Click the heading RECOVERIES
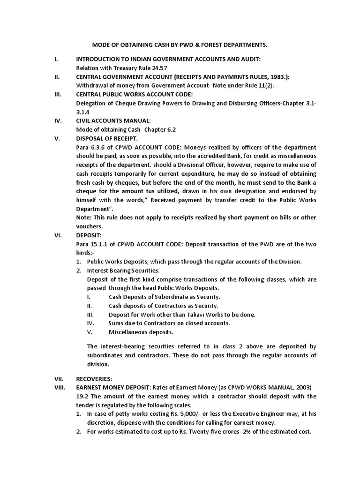pos(95,378)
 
